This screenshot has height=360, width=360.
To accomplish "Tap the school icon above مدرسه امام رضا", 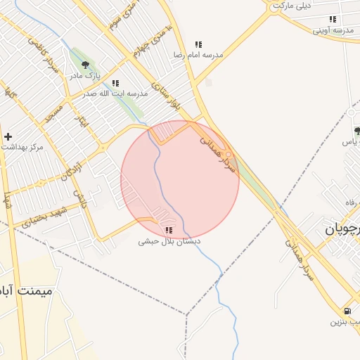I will click(x=198, y=44).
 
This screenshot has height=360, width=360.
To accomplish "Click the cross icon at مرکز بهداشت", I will click(x=8, y=136).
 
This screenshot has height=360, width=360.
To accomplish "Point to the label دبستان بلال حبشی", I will click(x=169, y=240).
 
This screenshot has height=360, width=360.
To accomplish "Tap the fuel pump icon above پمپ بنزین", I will click(x=347, y=311).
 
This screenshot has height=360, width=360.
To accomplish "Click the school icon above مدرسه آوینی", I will click(x=333, y=20).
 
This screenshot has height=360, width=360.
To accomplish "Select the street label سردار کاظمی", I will click(x=43, y=56).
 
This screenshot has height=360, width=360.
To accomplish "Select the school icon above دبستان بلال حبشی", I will click(x=169, y=230).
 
